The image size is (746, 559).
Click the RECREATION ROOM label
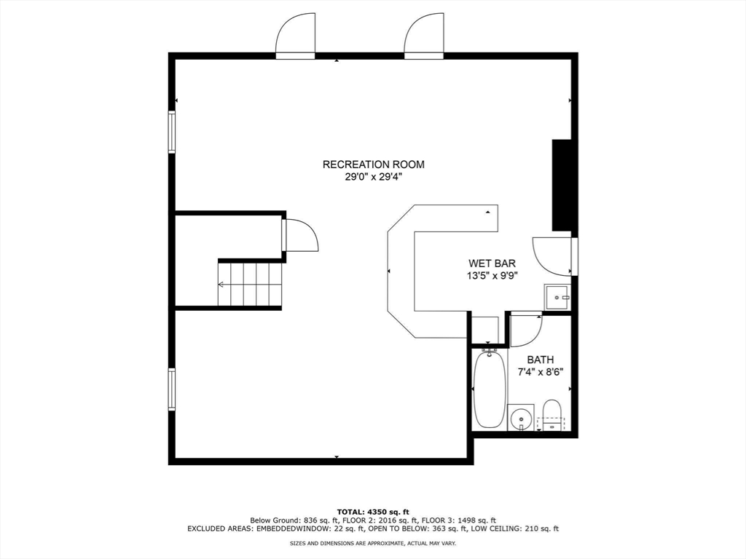pos(373,164)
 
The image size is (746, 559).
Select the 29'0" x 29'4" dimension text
pos(373,177)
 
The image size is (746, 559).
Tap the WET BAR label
pos(492,263)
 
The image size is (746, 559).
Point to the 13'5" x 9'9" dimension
pos(492,276)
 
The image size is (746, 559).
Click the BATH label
pos(540,360)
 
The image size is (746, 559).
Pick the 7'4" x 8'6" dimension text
pos(540,372)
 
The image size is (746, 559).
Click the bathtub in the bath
pos(488,389)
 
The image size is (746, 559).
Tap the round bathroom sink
pos(520,418)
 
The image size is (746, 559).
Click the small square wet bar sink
pos(557,298)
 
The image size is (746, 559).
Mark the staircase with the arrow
pos(250,285)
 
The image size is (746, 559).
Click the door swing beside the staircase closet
pos(301,236)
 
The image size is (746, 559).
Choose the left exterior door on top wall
pos(296,36)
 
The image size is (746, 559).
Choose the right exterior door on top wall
pos(425,36)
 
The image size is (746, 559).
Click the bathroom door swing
pos(525,329)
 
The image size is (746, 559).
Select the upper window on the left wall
pos(173,132)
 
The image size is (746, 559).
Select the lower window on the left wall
pos(173,389)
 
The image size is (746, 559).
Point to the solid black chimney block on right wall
pos(561,185)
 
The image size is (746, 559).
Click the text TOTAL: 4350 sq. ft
pos(373,511)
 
